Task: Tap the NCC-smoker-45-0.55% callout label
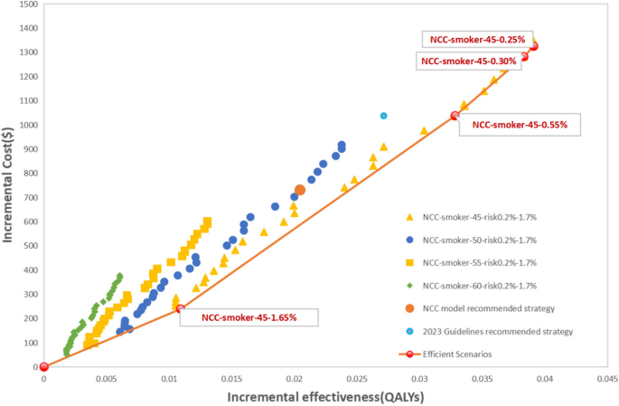[x=520, y=125]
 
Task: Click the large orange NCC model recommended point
[x=300, y=190]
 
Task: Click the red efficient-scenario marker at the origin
[x=43, y=366]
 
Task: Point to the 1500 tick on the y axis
[x=26, y=5]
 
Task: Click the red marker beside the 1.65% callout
[x=179, y=308]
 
